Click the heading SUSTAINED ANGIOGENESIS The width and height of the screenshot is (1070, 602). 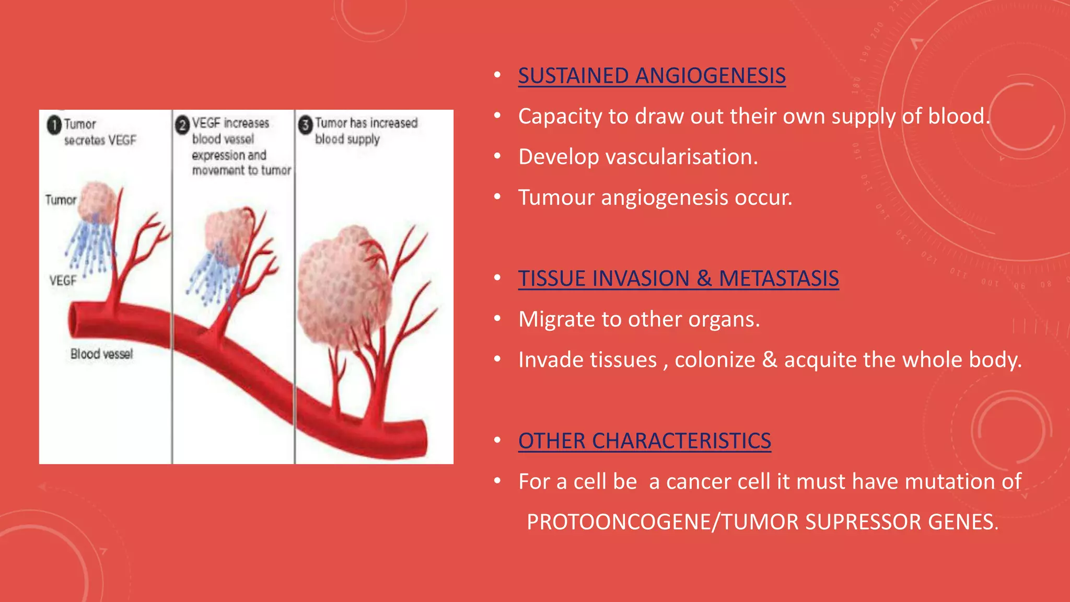pos(652,76)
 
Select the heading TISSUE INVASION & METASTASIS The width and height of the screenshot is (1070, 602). pos(678,279)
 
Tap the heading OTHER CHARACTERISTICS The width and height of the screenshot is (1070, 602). pos(644,441)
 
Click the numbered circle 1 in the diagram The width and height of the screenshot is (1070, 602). pos(54,125)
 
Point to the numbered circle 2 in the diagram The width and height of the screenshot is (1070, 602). pos(182,125)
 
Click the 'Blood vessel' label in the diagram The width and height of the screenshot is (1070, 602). pos(102,354)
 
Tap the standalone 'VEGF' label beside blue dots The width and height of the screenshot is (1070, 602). pos(63,281)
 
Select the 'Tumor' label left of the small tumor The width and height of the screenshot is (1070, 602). pos(61,200)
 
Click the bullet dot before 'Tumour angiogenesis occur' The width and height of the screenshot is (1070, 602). pos(497,197)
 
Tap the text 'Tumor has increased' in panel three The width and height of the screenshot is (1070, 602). pos(366,123)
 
